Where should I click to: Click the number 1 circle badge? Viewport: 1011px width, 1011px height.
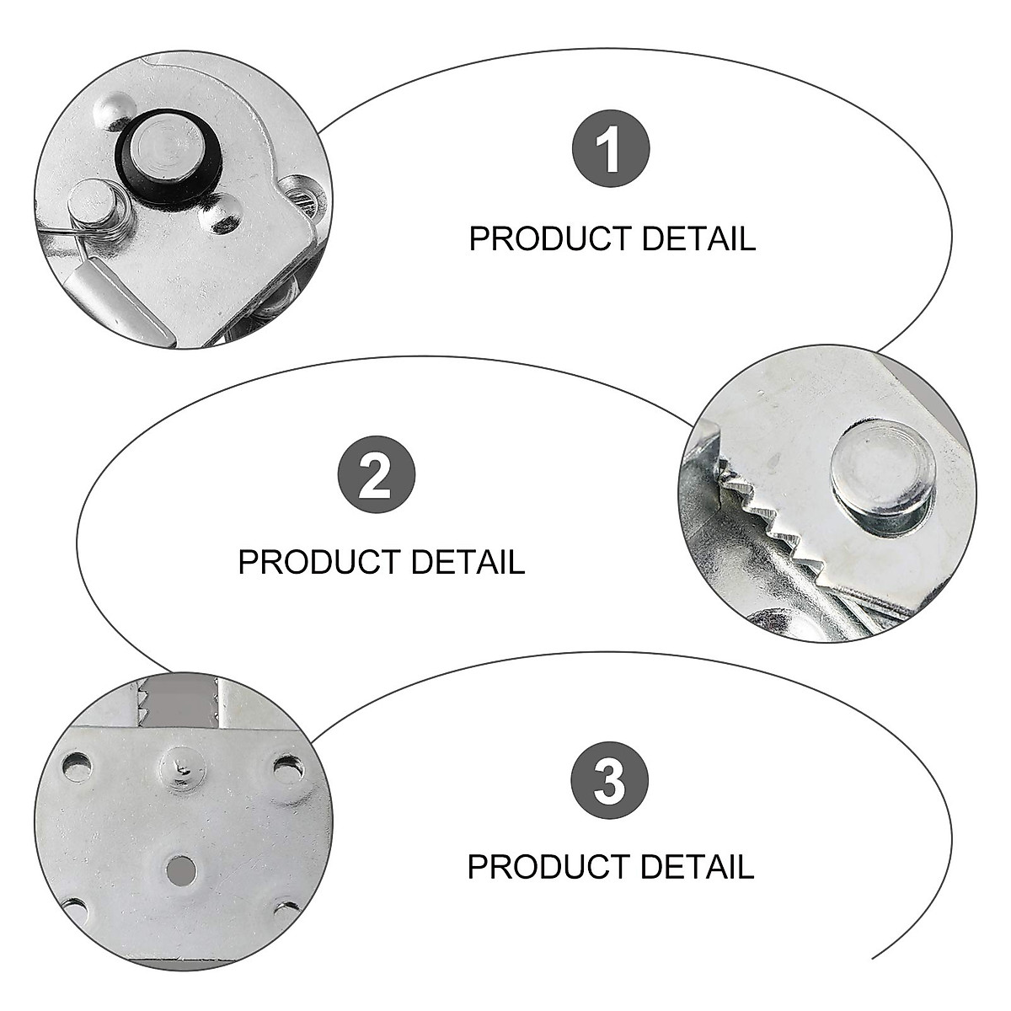tap(611, 149)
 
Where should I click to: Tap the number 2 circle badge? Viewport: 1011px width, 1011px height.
tap(377, 473)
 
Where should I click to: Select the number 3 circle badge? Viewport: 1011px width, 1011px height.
tap(610, 779)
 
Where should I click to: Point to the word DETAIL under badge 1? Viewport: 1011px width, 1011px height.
tap(698, 239)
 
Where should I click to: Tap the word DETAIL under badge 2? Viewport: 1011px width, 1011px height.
tap(468, 562)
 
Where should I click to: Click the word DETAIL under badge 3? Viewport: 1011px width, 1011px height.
tap(697, 867)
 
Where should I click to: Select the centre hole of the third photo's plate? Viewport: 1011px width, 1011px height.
tap(179, 867)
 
